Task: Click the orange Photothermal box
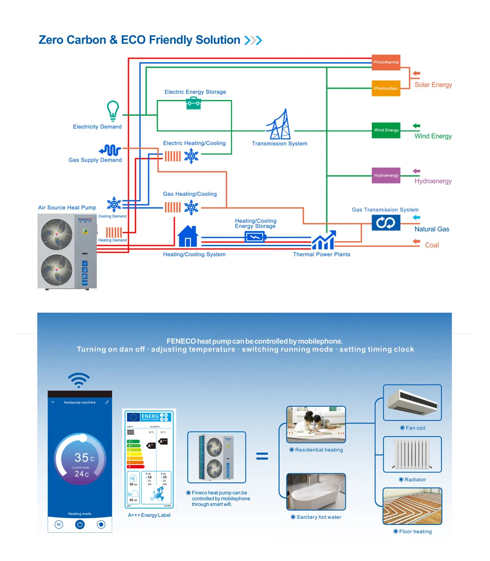386,62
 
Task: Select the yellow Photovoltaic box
386,88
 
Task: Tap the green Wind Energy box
386,130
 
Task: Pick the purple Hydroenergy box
386,175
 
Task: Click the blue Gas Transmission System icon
386,223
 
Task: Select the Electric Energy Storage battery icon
194,103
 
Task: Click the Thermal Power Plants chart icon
323,240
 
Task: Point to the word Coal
431,245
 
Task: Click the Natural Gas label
431,229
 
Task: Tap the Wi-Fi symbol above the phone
79,380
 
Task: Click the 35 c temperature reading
84,458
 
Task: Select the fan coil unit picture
412,402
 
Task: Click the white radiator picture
412,454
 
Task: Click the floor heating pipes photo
412,506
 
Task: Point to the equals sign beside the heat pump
262,456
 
